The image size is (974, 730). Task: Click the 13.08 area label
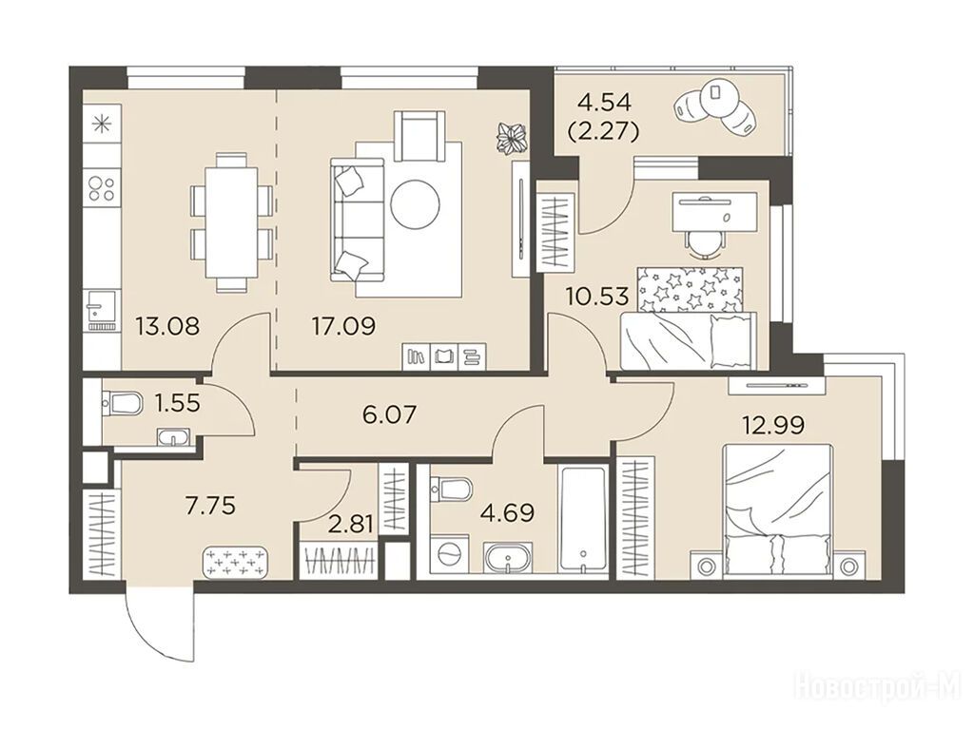tap(167, 326)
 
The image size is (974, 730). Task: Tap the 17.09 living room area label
tap(343, 326)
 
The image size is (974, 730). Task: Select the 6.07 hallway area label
tap(389, 414)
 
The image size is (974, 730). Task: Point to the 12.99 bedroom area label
tap(773, 425)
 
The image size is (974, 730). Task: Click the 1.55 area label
tap(178, 403)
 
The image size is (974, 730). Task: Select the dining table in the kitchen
tap(231, 221)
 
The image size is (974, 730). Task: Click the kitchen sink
tap(101, 310)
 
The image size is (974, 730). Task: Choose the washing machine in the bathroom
tap(447, 554)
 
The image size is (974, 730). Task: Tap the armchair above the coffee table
tap(421, 135)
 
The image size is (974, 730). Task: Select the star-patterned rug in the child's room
tap(691, 289)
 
